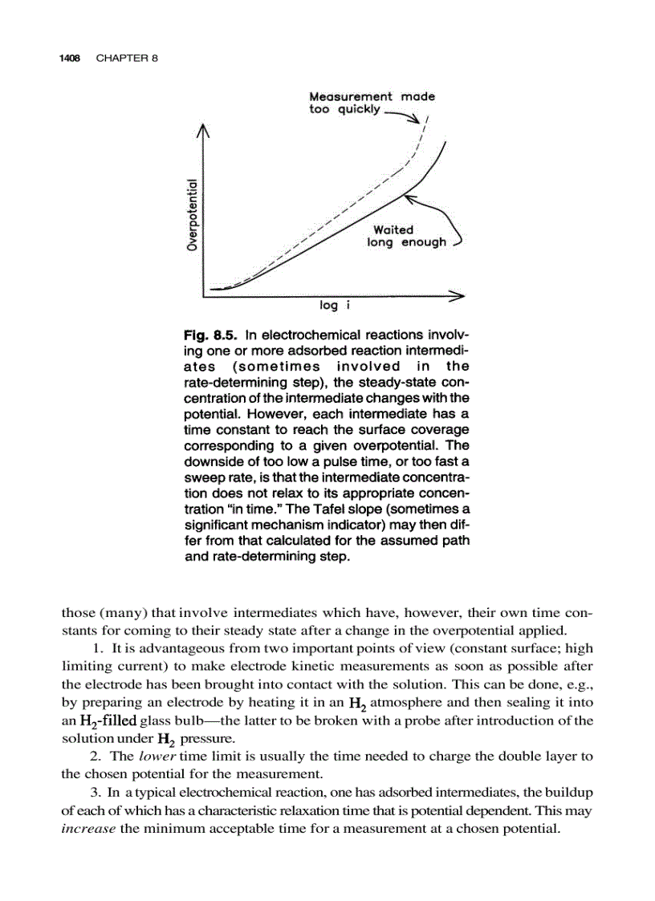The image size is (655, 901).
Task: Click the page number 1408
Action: click(73, 59)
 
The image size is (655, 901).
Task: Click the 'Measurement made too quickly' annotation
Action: click(371, 103)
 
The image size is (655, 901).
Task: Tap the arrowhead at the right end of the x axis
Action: click(458, 296)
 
